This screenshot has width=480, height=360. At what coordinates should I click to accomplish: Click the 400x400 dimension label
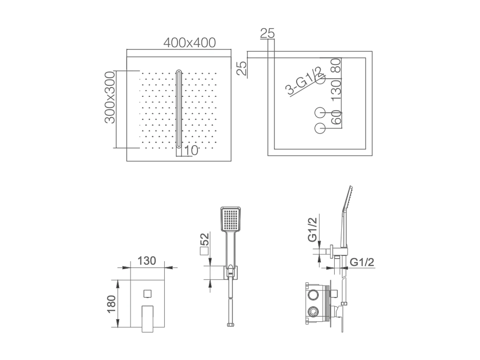coord(189,43)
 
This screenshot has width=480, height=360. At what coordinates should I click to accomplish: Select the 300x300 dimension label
coord(109,98)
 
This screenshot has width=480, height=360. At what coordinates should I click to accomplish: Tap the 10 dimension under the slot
coord(191,150)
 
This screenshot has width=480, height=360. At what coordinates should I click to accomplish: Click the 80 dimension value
coord(336,66)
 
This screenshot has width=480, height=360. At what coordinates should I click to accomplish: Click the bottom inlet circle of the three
coord(320,128)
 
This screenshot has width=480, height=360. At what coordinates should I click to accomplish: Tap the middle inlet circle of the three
coord(320,113)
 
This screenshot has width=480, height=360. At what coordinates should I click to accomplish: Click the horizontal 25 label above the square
coord(267,34)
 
